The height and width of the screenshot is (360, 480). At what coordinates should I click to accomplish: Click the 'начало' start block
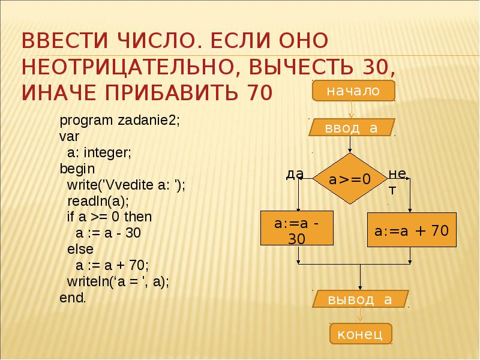pos(353,91)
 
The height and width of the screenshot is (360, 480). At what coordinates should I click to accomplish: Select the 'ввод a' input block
pos(352,128)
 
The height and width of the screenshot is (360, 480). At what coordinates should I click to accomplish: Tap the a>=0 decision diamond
pos(350,179)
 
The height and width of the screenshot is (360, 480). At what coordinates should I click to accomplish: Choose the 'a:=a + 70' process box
pos(411,230)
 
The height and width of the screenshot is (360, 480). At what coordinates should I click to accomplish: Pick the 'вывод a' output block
pos(360,299)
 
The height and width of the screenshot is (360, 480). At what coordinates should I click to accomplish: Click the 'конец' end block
pos(361,334)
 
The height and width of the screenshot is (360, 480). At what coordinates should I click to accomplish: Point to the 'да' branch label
pos(295,174)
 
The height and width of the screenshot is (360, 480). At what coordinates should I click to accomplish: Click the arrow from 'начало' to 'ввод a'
pos(352,109)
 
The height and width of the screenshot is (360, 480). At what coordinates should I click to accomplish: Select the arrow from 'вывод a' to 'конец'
pos(360,316)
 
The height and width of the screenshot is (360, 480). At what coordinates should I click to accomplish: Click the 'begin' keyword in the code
pos(74,169)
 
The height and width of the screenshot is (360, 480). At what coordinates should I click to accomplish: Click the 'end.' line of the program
pos(73,297)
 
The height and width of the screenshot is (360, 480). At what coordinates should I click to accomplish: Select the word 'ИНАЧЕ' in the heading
pos(59,92)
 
